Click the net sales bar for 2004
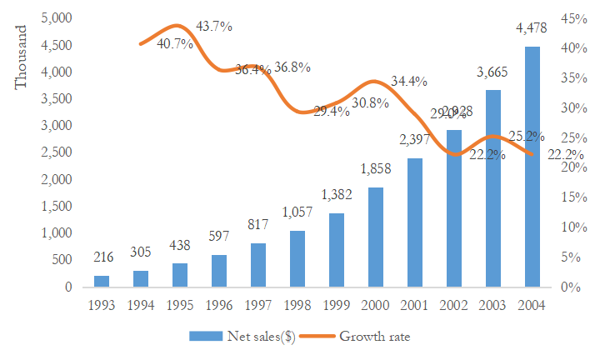tap(532, 167)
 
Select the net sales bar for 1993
tap(101, 281)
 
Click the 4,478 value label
tap(532, 30)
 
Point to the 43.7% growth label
tap(214, 27)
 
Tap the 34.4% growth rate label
tap(409, 82)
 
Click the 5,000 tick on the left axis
tap(57, 18)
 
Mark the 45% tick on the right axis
tap(571, 18)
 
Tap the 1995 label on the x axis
tap(179, 305)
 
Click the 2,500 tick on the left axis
tap(57, 152)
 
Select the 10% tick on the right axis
tap(571, 227)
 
